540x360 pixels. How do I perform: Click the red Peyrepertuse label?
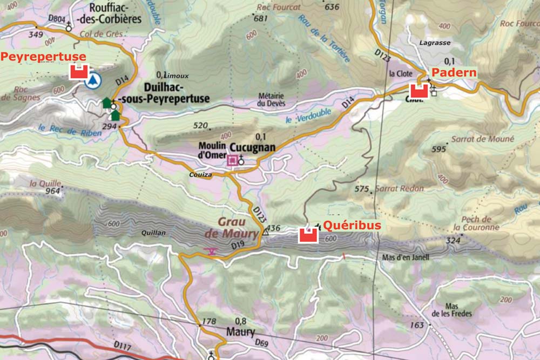[43, 57]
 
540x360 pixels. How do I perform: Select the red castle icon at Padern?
[419, 90]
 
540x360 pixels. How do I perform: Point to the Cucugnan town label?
[252, 147]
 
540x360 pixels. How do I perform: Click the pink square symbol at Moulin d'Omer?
[233, 160]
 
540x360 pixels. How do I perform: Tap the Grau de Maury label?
[225, 228]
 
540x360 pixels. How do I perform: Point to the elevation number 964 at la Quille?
[52, 191]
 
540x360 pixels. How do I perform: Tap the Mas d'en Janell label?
[405, 257]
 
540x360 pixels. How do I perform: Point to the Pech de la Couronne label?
[476, 223]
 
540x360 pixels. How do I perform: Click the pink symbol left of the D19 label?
[211, 251]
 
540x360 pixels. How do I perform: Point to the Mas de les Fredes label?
[451, 310]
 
